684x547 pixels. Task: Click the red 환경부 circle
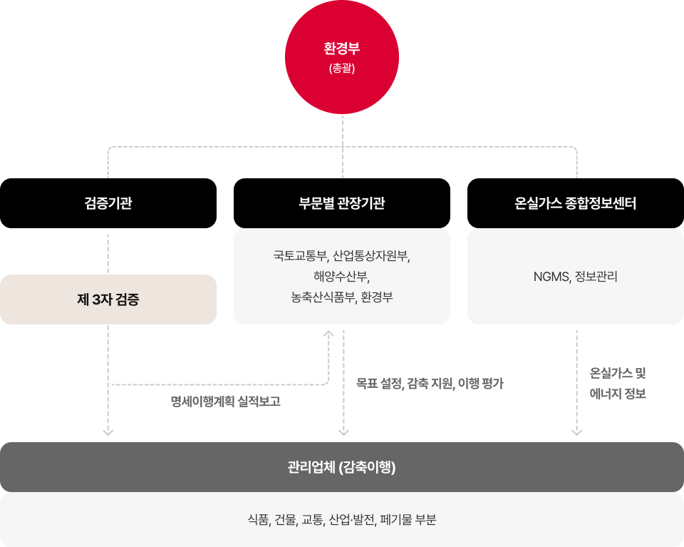[342, 57]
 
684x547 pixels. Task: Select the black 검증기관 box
[108, 203]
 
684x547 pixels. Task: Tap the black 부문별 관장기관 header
[342, 203]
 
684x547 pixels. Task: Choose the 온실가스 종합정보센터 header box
[576, 203]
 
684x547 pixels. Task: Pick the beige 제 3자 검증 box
[108, 300]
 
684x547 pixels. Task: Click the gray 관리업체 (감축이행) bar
[342, 467]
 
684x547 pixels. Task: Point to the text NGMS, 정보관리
[576, 277]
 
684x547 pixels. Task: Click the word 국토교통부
[301, 256]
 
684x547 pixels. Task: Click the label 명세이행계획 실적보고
[226, 402]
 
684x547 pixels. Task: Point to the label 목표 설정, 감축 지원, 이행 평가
[430, 384]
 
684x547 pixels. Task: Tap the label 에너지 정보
[617, 394]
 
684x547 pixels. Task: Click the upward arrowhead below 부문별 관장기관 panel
[328, 334]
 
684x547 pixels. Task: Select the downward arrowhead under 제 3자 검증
[108, 432]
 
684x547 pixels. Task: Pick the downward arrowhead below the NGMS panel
[576, 432]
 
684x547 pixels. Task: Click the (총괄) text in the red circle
[342, 68]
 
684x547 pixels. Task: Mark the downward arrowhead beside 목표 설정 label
[343, 432]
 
